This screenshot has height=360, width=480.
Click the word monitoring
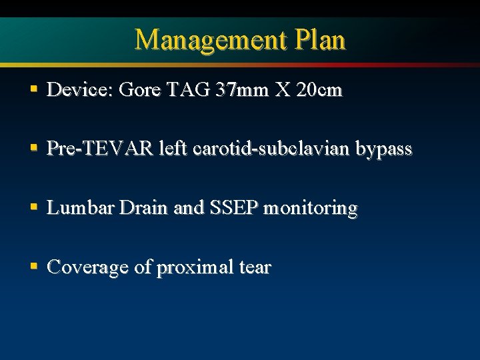click(x=311, y=209)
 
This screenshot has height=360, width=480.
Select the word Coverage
click(x=86, y=268)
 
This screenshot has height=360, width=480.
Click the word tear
click(x=253, y=268)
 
